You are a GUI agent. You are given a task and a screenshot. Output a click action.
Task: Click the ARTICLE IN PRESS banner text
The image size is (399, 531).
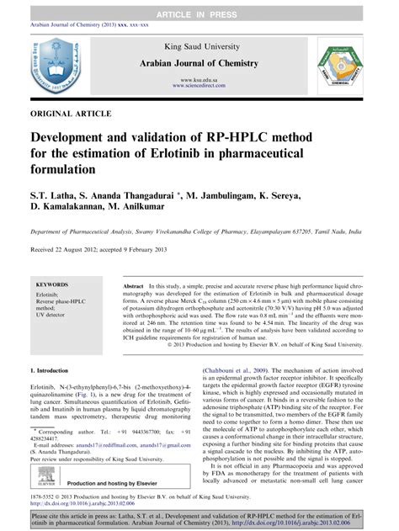point(199,8)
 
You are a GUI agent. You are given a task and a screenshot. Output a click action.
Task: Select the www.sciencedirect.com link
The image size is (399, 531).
point(199,86)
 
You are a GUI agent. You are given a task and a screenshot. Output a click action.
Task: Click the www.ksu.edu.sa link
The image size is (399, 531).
point(199,79)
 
